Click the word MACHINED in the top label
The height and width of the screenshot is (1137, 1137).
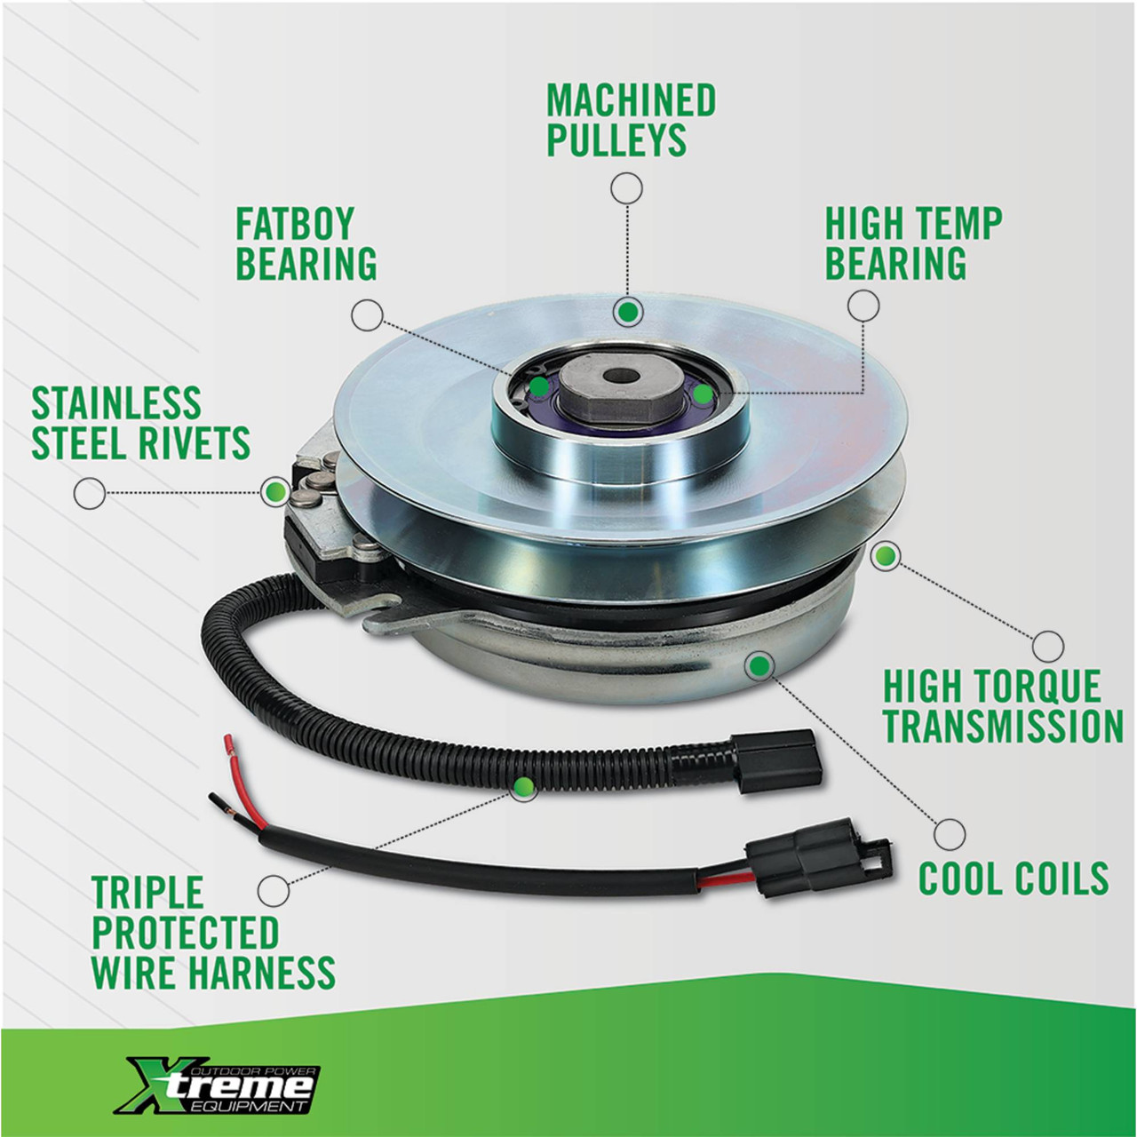coord(631,99)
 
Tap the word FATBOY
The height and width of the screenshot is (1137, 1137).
coord(294,223)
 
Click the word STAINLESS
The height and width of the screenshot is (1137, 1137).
coord(116,403)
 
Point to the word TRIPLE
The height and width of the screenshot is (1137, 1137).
coord(147,892)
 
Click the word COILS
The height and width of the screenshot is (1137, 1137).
coord(1061,878)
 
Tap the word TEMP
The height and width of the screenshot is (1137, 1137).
coord(959,223)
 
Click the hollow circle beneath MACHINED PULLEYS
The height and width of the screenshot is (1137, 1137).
coord(626,189)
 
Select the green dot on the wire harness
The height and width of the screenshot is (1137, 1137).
coord(523,786)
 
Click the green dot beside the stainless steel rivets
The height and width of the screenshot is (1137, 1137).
coord(275,491)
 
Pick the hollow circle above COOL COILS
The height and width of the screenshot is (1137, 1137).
coord(950,834)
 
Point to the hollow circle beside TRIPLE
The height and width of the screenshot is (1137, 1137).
coord(274,889)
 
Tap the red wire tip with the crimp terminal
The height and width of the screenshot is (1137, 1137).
coord(227,745)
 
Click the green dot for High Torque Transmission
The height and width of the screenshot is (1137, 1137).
coord(885,556)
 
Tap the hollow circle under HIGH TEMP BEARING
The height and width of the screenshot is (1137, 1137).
coord(863,306)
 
